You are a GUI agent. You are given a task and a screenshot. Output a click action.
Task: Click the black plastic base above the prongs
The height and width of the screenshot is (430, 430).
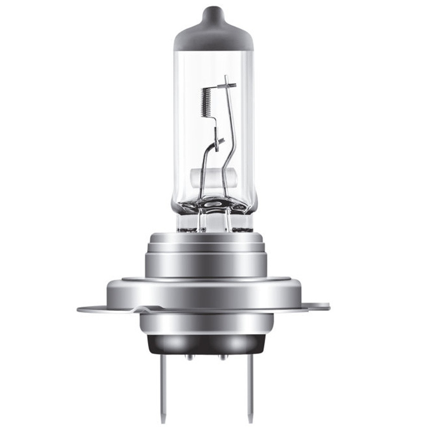click(x=206, y=344)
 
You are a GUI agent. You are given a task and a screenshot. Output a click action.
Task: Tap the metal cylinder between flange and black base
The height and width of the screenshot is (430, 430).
click(x=206, y=322)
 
